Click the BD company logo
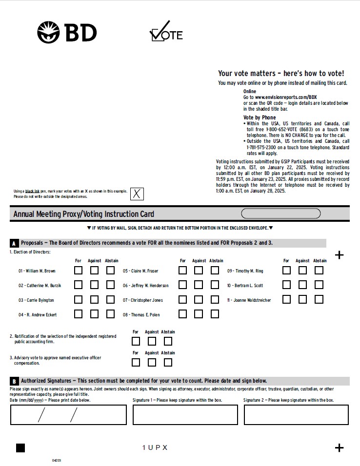[x=67, y=32]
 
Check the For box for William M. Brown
[x=78, y=271]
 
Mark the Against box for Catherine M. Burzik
[x=94, y=285]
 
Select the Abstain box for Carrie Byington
[x=110, y=300]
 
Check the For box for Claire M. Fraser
[x=182, y=271]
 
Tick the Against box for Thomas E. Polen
[x=199, y=314]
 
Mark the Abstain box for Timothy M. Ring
[x=319, y=271]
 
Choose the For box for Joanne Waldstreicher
[x=286, y=300]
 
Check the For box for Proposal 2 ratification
[x=136, y=341]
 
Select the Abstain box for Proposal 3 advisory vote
[x=168, y=362]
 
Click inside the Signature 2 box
[x=296, y=415]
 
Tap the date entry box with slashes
[x=68, y=415]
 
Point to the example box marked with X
[x=137, y=194]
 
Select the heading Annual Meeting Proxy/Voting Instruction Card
[x=84, y=214]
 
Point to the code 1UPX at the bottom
[x=155, y=448]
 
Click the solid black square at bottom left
[x=20, y=448]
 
